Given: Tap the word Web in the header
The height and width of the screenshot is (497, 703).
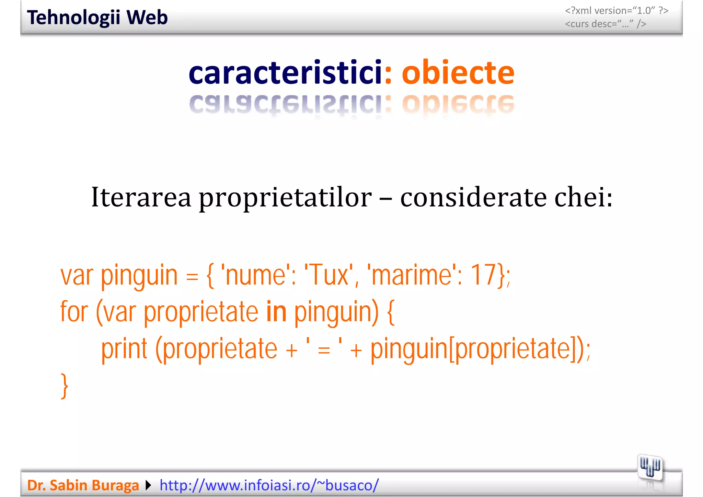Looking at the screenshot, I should (147, 18).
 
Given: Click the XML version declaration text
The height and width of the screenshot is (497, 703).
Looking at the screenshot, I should (616, 11).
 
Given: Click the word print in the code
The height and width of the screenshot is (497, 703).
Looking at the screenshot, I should (124, 349).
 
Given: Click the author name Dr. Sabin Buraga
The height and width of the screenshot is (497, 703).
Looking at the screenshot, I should (83, 485).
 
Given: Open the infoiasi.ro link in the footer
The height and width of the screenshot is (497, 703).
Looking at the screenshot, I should (269, 485).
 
